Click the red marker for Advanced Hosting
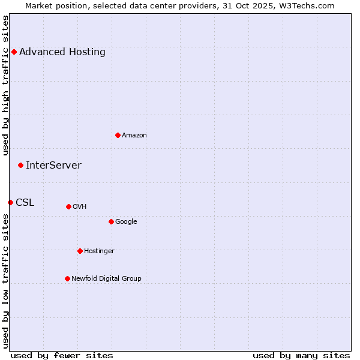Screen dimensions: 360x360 [14, 52]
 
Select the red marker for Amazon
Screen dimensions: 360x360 [118, 135]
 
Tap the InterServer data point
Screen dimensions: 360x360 [20, 165]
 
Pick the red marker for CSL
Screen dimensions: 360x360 [10, 202]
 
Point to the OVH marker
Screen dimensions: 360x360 [68, 206]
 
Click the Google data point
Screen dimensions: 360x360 [111, 221]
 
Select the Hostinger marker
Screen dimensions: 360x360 [80, 251]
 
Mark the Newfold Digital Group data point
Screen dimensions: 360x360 [67, 278]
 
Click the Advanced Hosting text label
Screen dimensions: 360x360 [62, 52]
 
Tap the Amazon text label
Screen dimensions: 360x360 [134, 135]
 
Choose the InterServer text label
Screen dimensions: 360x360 [53, 165]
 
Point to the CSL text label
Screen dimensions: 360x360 [25, 202]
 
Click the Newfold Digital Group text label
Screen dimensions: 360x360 [106, 278]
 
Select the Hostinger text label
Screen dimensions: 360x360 [99, 251]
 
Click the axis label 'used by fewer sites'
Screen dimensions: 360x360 [62, 355]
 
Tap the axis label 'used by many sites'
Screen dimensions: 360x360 [301, 355]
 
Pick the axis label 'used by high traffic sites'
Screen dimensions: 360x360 [5, 85]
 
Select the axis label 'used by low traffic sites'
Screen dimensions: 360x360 [5, 281]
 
